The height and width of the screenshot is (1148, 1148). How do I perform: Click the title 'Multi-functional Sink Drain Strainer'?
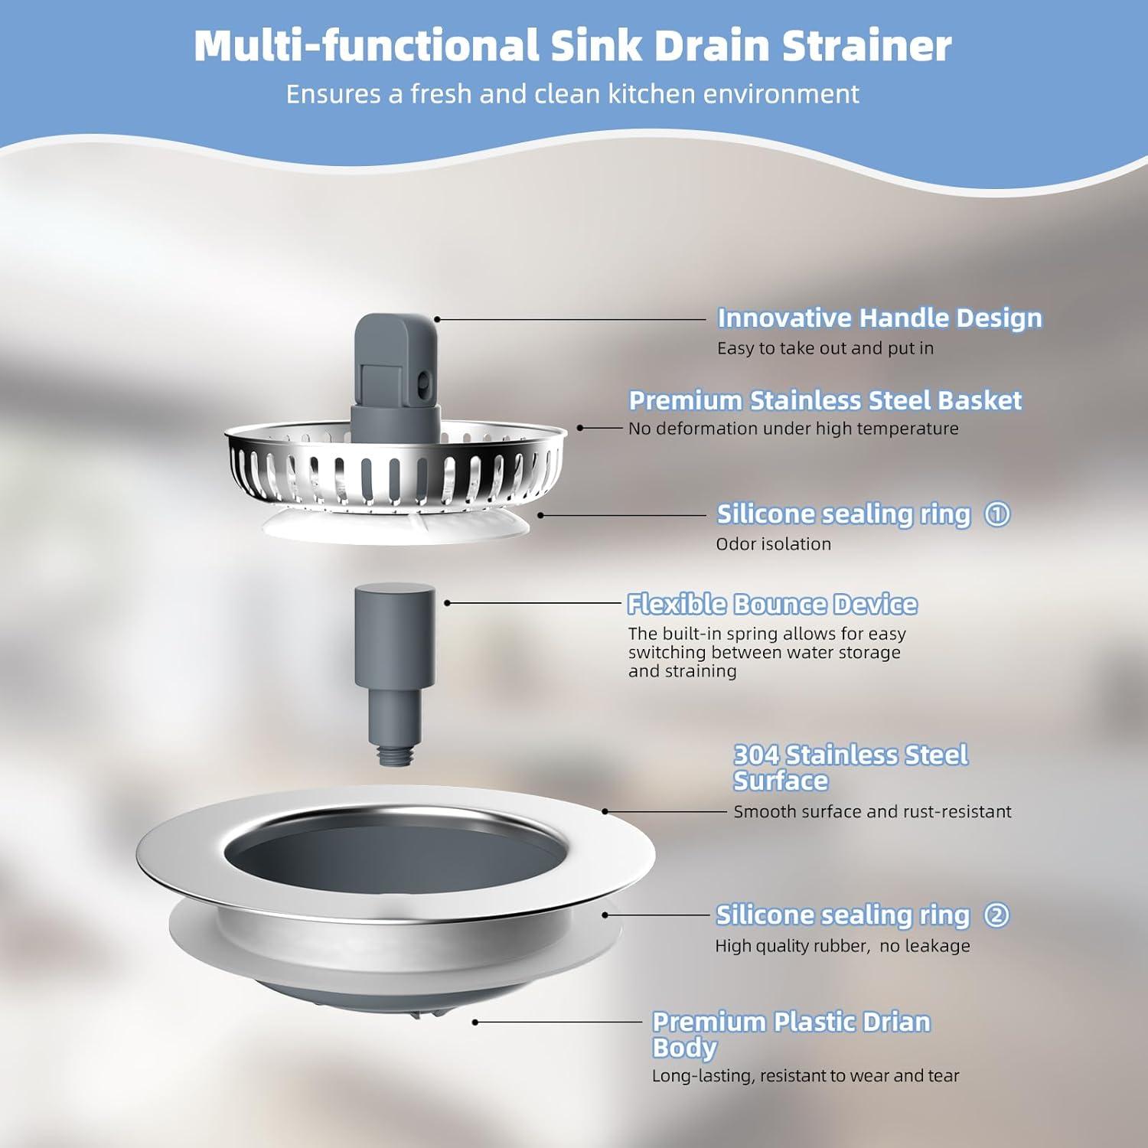click(x=572, y=46)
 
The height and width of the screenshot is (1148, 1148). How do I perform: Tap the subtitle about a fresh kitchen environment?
click(x=572, y=94)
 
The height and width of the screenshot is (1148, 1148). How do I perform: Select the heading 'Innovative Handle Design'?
click(x=879, y=318)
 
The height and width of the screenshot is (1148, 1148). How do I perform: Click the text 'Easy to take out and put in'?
click(x=825, y=348)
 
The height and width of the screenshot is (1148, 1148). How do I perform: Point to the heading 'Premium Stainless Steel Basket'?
click(x=825, y=400)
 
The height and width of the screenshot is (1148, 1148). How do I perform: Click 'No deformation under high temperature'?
click(x=793, y=429)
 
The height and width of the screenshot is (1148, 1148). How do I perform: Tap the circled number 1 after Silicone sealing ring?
click(x=996, y=514)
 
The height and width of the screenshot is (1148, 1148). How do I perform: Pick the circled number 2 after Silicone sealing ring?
click(x=996, y=915)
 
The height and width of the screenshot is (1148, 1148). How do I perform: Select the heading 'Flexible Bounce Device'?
click(x=772, y=605)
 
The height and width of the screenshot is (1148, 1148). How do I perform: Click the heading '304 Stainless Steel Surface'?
click(x=850, y=768)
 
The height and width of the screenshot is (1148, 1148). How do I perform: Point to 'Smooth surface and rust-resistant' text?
click(x=872, y=812)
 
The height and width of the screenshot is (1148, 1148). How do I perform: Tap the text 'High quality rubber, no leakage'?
click(x=842, y=946)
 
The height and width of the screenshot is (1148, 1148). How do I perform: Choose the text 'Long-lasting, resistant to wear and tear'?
click(x=805, y=1076)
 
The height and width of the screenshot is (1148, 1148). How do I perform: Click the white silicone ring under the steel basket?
click(x=394, y=527)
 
